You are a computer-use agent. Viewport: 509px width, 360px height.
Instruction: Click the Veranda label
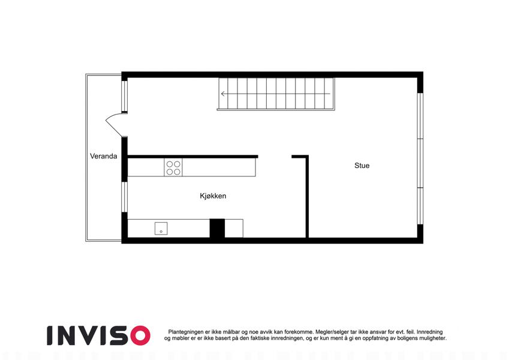click(104, 156)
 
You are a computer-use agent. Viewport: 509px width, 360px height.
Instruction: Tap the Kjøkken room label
click(213, 196)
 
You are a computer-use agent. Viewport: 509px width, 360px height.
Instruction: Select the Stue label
click(362, 166)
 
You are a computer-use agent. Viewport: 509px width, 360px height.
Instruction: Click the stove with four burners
click(173, 167)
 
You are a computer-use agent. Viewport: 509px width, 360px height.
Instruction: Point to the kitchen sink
click(161, 229)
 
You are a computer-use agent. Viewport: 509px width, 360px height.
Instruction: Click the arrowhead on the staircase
click(223, 94)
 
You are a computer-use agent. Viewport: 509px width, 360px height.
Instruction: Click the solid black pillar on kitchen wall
click(217, 229)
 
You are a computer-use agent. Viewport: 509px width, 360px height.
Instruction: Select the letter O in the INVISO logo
click(140, 335)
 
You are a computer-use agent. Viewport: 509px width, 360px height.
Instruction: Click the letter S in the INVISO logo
click(121, 335)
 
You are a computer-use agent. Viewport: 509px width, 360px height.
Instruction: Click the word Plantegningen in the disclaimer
click(186, 332)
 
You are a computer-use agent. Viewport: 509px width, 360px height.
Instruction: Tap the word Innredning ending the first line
click(429, 332)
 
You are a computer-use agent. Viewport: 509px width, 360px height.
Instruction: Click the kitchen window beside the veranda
click(124, 197)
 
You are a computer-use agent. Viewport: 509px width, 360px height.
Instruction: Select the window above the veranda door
click(124, 96)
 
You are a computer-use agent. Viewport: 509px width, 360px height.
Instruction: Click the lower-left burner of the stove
click(170, 172)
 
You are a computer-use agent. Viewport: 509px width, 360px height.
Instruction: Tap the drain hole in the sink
click(161, 232)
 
